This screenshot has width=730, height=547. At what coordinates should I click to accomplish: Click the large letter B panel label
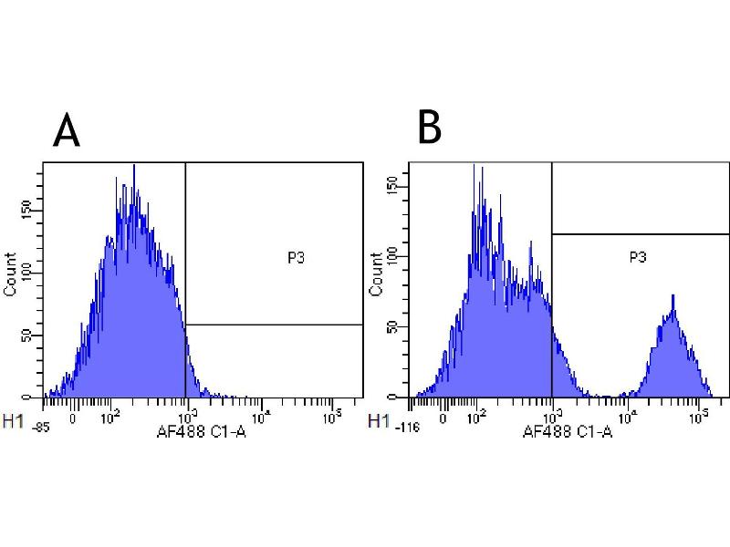[x=430, y=128]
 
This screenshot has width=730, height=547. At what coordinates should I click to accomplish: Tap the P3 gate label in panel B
[x=638, y=259]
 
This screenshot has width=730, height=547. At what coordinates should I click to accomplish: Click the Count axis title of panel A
[x=11, y=274]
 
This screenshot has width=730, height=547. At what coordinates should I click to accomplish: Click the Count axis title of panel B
[x=374, y=274]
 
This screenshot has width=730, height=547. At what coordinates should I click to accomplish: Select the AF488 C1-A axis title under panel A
[x=202, y=431]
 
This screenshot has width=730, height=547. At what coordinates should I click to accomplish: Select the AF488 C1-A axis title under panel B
[x=567, y=431]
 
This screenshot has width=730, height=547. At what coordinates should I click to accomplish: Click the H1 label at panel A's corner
[x=13, y=420]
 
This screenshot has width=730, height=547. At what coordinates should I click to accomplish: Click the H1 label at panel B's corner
[x=376, y=420]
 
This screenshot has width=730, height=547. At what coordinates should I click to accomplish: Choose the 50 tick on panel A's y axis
[x=34, y=336]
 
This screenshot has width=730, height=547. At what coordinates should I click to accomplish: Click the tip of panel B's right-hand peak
[x=673, y=295]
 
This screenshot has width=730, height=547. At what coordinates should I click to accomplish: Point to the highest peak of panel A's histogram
[x=134, y=165]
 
